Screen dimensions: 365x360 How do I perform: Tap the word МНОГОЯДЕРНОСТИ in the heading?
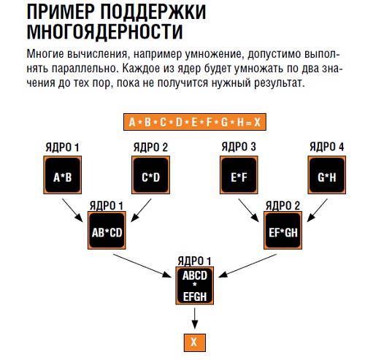[x=104, y=31]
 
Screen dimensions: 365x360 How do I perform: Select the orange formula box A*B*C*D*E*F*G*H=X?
[x=195, y=122]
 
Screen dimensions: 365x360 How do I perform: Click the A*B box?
[x=63, y=175]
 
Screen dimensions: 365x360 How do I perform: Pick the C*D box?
[x=150, y=175]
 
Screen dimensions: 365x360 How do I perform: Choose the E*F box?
[x=239, y=175]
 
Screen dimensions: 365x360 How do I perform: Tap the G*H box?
[x=327, y=175]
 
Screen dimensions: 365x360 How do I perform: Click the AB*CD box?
[x=107, y=230]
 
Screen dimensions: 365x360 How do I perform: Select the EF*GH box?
[x=283, y=230]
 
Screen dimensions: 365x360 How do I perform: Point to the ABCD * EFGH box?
[x=195, y=286]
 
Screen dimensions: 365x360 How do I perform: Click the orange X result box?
[x=195, y=342]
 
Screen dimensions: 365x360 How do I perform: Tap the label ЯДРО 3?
[x=239, y=147]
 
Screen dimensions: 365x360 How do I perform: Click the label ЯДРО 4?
[x=327, y=147]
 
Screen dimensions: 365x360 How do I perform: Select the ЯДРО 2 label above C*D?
[x=150, y=147]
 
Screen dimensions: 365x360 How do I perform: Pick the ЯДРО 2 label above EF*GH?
[x=283, y=206]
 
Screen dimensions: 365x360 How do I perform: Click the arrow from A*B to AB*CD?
[x=72, y=210]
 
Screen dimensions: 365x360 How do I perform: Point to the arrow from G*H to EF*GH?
[x=318, y=210]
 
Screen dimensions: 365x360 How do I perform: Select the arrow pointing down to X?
[x=194, y=318]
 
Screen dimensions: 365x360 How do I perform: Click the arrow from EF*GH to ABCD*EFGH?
[x=247, y=266]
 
